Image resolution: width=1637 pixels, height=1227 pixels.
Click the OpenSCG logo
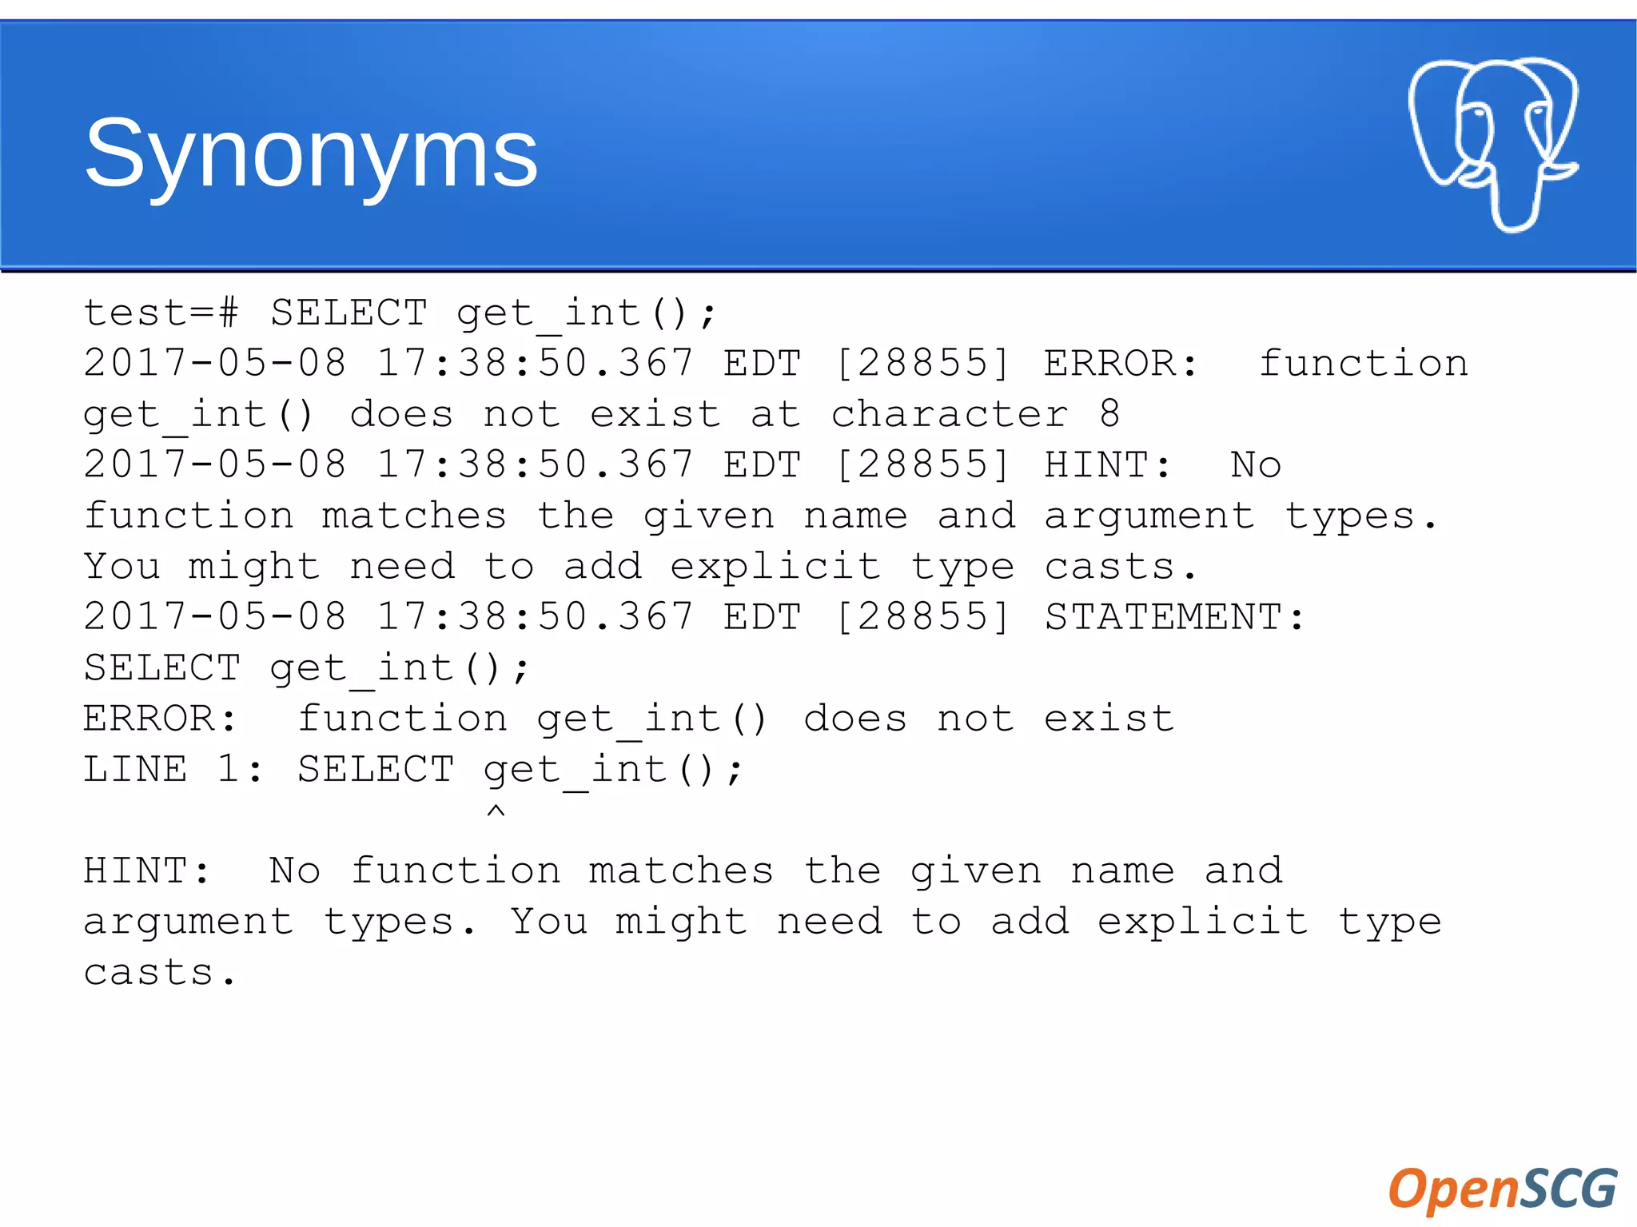click(1502, 1188)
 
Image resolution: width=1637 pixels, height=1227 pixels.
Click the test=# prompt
click(161, 313)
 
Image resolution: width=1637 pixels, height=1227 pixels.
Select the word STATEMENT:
click(1174, 617)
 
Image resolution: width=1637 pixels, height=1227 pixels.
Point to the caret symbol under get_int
click(496, 811)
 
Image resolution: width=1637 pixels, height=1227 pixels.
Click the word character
click(949, 414)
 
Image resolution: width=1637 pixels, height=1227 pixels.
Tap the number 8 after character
click(1109, 414)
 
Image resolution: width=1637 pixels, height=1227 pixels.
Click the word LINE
click(135, 769)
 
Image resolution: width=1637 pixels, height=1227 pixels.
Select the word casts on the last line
click(149, 972)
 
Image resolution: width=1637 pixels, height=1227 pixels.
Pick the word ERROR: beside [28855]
click(1121, 364)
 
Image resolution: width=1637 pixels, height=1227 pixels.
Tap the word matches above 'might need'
click(414, 516)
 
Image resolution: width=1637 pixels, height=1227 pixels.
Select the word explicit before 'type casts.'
click(775, 567)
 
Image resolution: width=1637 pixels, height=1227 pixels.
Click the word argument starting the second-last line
click(189, 922)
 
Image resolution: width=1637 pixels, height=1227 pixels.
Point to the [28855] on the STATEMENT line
click(922, 617)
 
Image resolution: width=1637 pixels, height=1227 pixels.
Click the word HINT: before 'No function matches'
click(146, 870)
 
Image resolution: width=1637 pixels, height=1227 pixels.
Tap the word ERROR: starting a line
click(160, 719)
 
